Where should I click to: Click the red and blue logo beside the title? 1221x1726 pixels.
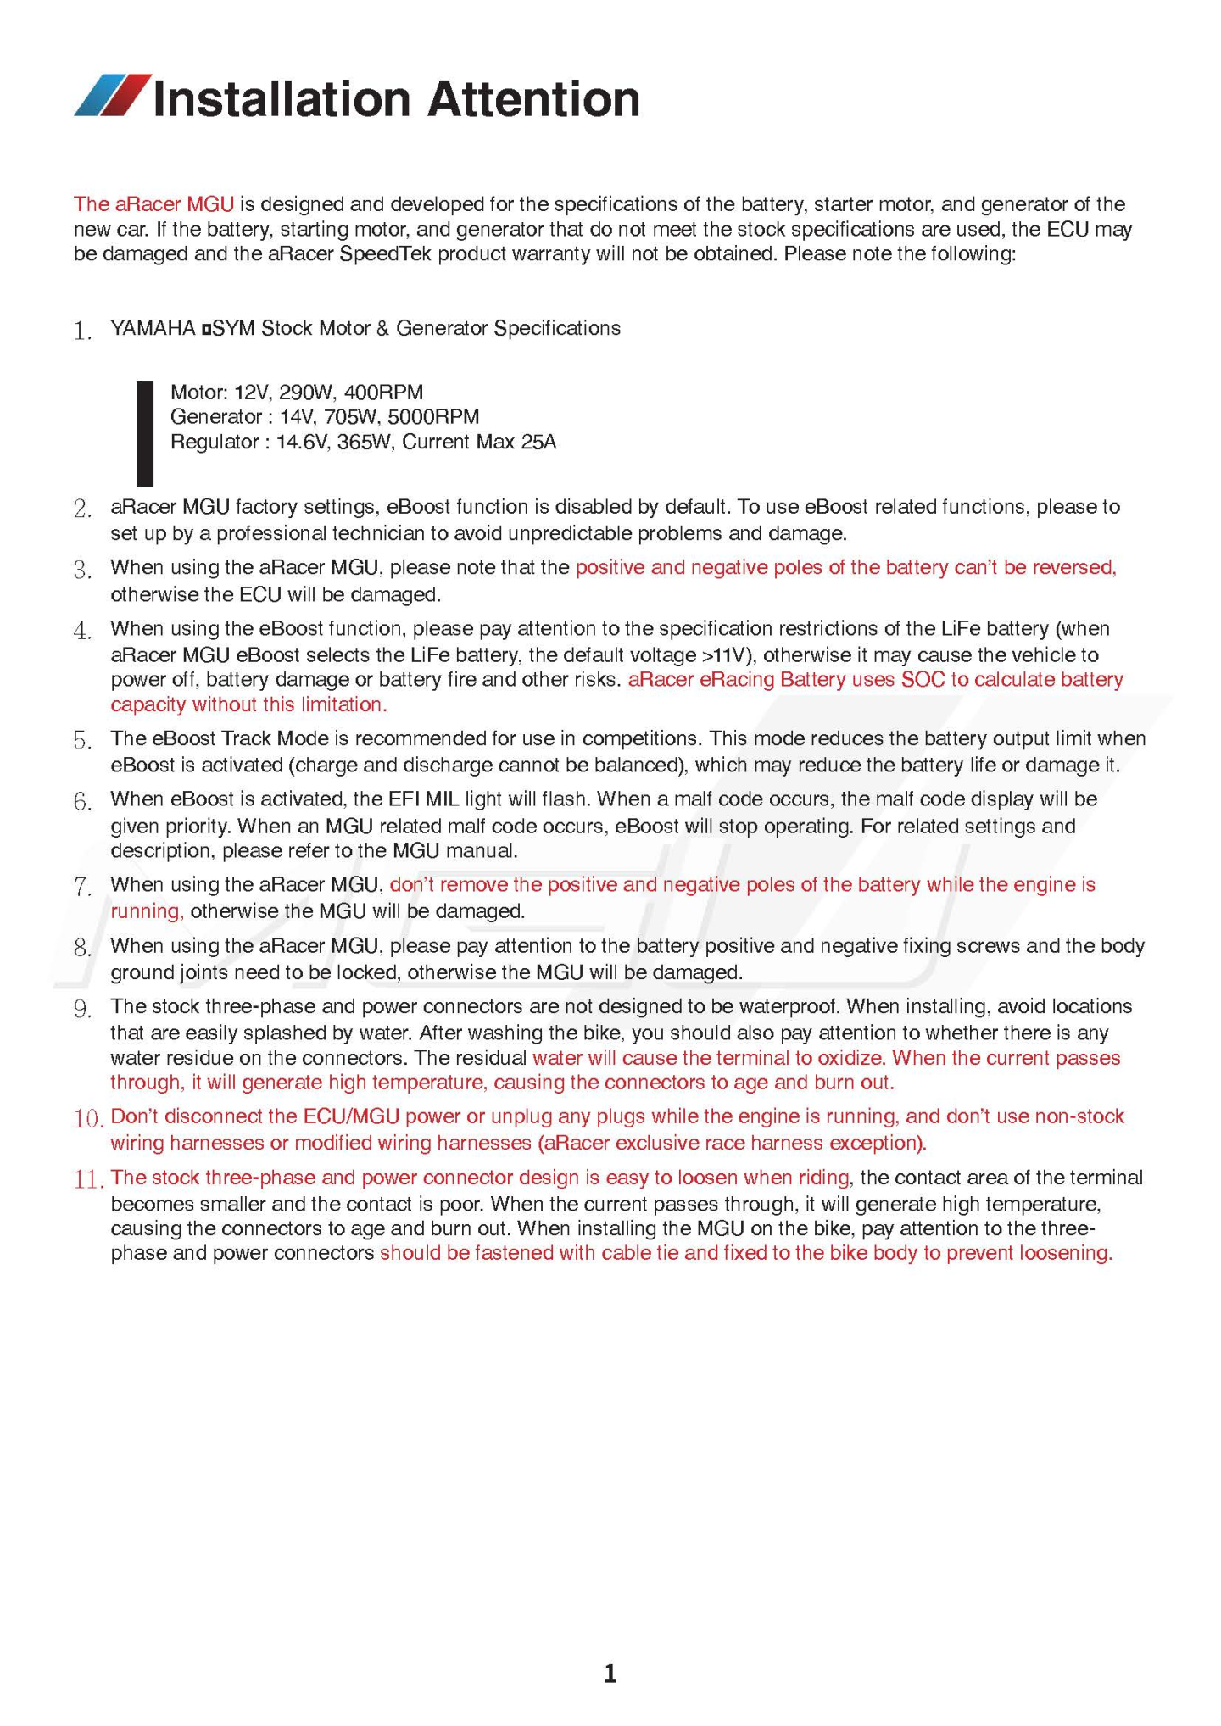113,95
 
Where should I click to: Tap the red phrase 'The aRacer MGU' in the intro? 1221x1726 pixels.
153,204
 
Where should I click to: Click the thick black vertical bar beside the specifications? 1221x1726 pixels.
145,433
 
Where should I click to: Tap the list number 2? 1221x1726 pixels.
82,509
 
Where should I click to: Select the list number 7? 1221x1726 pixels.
82,887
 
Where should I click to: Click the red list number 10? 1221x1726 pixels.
88,1118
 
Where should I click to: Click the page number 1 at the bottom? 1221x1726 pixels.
610,1673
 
